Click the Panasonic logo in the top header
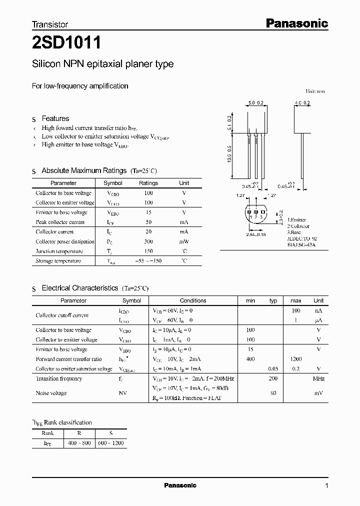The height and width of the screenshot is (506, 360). click(296, 23)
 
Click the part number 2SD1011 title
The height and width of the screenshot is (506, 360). click(66, 43)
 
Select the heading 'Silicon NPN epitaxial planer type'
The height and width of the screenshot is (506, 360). click(103, 64)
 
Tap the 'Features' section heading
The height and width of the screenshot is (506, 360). click(55, 118)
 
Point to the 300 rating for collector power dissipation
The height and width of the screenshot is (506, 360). click(148, 241)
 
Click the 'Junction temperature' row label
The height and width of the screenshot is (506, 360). click(59, 251)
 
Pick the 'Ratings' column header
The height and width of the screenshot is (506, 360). click(148, 183)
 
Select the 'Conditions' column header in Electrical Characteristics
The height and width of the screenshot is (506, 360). click(193, 300)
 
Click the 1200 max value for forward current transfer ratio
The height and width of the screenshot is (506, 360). click(296, 359)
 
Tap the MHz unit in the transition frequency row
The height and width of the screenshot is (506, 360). click(318, 378)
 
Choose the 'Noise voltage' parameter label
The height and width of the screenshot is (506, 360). click(51, 393)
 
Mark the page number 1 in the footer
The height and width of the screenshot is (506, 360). click(326, 485)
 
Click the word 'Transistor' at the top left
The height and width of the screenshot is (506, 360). click(50, 24)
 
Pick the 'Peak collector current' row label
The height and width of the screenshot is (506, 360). click(60, 222)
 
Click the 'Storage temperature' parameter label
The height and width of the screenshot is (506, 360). click(58, 261)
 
